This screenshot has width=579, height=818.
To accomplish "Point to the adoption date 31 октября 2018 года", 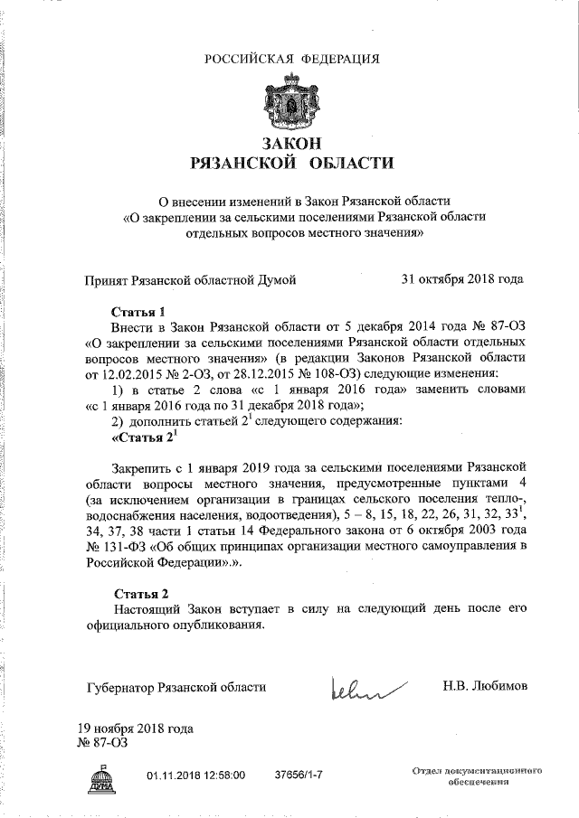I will point(462,280).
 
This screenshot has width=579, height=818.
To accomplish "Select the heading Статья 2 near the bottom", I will point(140,594).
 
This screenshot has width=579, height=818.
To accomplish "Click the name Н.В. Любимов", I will point(484,687).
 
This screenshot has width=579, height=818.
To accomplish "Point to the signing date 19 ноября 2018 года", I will point(136,729).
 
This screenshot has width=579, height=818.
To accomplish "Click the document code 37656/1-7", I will point(299,776).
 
